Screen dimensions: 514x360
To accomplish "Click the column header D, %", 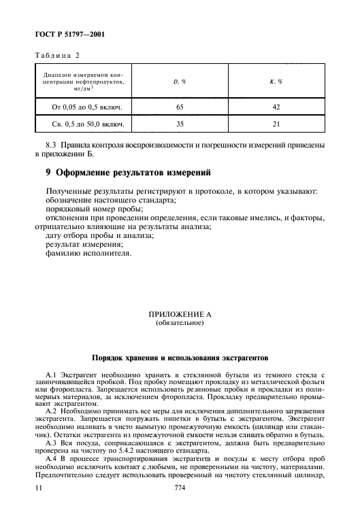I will click(180, 82).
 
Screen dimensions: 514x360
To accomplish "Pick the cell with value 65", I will click(180, 107).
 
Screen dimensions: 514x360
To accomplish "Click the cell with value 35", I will click(180, 124).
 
